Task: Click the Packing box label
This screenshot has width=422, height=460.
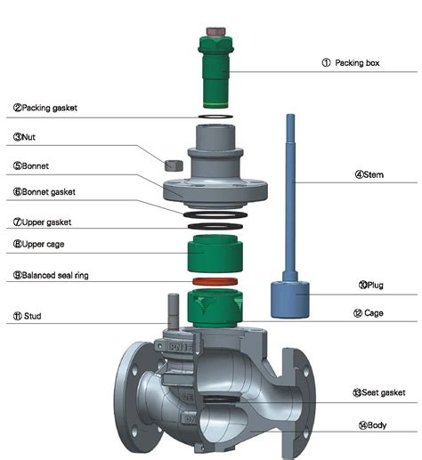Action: (352, 63)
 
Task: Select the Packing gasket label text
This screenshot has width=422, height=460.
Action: (45, 107)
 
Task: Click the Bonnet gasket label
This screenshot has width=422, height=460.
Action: (45, 191)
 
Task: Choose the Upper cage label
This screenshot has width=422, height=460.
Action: (38, 243)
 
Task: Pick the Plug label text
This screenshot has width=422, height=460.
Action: (375, 286)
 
